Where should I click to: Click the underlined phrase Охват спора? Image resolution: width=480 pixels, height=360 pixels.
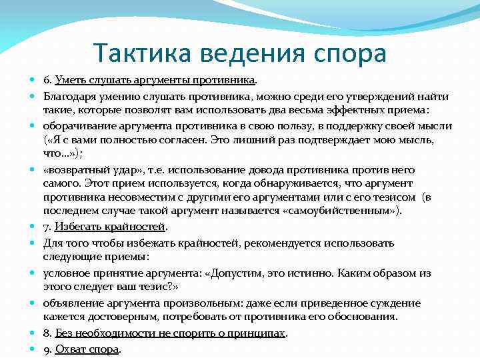click(x=87, y=349)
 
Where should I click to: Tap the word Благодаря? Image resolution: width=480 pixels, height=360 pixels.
click(x=71, y=96)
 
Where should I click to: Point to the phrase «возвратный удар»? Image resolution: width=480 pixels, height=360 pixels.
click(x=87, y=170)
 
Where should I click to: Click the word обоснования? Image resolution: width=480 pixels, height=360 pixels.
click(x=359, y=316)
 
